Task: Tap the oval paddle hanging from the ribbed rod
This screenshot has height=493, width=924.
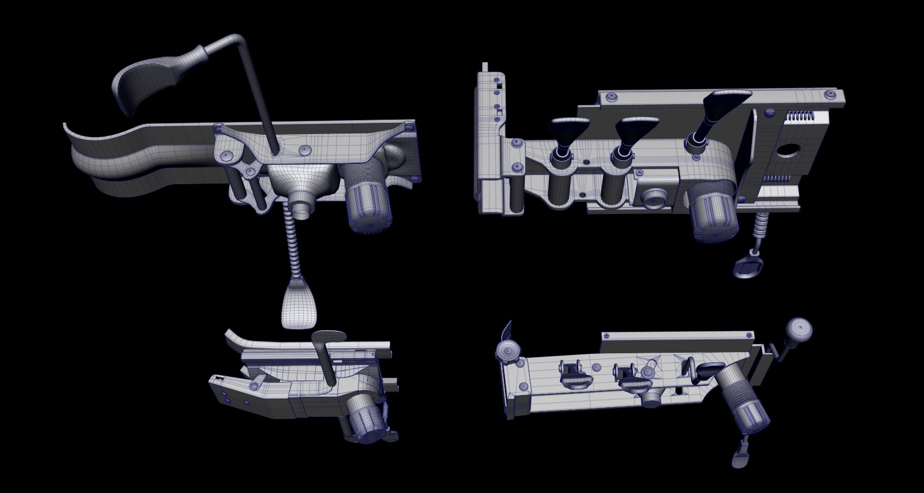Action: click(x=300, y=302)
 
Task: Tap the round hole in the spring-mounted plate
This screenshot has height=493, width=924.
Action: click(x=787, y=151)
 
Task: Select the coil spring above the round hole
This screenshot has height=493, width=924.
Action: click(x=800, y=116)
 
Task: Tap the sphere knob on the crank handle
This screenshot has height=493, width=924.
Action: click(x=799, y=329)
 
